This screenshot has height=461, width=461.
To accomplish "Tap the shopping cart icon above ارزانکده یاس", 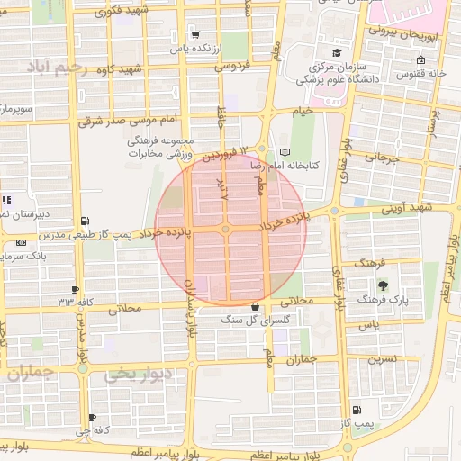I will tap(195, 35).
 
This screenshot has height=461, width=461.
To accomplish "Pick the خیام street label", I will tap(301, 110).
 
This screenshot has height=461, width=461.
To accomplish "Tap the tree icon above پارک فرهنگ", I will tap(384, 285).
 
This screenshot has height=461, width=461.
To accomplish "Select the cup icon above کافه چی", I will tap(93, 418).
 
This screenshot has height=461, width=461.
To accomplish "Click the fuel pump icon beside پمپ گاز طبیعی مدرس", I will tap(86, 221).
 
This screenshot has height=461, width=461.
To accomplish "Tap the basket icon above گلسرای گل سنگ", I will tap(256, 306).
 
